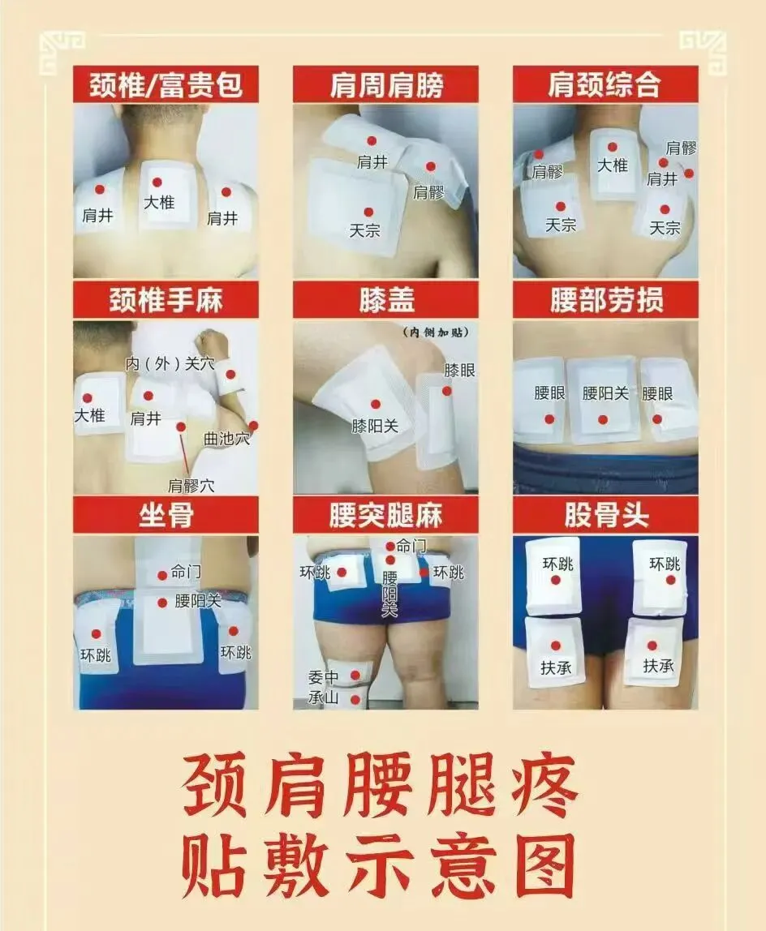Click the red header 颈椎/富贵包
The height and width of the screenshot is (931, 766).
pos(166,84)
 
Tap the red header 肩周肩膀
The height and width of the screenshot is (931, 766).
pos(385,84)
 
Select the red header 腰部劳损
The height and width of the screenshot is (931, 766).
pos(605,300)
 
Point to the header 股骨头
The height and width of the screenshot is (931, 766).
pos(605,516)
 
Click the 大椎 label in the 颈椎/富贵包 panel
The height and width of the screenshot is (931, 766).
pos(159,203)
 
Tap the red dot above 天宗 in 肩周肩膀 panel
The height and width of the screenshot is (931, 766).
pos(368,212)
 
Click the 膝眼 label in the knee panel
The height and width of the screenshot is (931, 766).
pos(459,371)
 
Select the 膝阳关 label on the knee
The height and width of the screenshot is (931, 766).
pos(374,426)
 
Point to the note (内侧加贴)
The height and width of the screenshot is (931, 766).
pos(436,332)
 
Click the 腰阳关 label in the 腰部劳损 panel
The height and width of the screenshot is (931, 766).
pos(605,393)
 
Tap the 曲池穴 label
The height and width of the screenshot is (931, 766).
pos(226,439)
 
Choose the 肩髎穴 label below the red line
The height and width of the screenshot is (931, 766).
pos(191,486)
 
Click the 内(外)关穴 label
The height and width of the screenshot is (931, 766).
pos(170,363)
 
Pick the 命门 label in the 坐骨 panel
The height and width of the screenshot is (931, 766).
pos(186,572)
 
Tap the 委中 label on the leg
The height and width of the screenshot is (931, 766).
pos(323,677)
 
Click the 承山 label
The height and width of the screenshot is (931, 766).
pos(323,697)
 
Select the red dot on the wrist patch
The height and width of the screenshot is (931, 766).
pos(231,375)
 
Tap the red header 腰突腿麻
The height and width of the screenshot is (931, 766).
pos(385,516)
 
